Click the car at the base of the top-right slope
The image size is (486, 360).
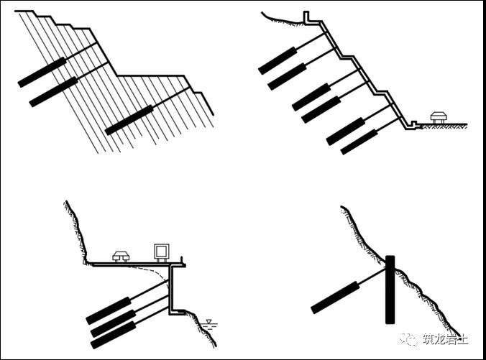click(x=439, y=117)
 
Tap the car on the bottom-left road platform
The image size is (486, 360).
click(x=121, y=257)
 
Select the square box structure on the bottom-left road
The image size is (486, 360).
click(x=162, y=252)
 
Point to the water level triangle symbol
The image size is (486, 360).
click(x=209, y=321)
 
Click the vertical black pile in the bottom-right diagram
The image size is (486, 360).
click(x=390, y=290)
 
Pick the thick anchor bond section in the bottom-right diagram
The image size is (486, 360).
click(x=335, y=297)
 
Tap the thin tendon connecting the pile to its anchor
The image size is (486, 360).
click(x=372, y=276)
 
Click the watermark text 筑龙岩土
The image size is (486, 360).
click(x=446, y=339)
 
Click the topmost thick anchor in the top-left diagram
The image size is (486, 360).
click(x=42, y=72)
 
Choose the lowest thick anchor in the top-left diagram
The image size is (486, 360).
click(x=129, y=120)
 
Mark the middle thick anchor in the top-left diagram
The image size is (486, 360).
click(x=53, y=92)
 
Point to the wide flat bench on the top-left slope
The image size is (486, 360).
click(x=151, y=75)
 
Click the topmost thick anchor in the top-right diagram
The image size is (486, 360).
click(x=278, y=60)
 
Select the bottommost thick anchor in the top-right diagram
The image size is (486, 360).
click(x=359, y=142)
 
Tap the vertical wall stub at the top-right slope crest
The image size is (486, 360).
click(x=306, y=17)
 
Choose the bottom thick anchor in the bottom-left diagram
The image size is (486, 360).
click(x=113, y=336)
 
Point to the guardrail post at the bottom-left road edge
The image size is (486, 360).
click(x=183, y=260)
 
